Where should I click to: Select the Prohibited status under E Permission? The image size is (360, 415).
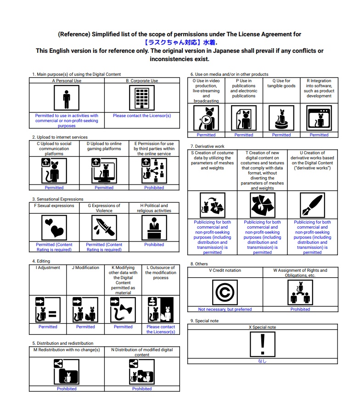click(x=154, y=187)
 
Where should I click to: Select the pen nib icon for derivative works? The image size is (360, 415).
click(x=312, y=205)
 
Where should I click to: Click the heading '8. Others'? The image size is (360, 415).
click(x=199, y=264)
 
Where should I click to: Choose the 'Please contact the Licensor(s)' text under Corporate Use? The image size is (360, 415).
click(x=142, y=116)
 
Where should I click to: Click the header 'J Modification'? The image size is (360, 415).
click(x=85, y=268)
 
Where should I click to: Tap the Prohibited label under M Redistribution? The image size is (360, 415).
click(x=67, y=389)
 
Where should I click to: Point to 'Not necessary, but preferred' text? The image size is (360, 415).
click(x=225, y=309)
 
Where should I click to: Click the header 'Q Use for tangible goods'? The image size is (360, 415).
click(x=281, y=84)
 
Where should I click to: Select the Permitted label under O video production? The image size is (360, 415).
click(x=206, y=135)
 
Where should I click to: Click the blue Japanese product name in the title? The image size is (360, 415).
click(x=180, y=42)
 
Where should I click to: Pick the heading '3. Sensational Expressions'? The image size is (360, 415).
click(x=58, y=199)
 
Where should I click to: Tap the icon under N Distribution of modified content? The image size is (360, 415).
click(x=142, y=372)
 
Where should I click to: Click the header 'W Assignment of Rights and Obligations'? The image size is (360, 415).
click(x=300, y=273)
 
